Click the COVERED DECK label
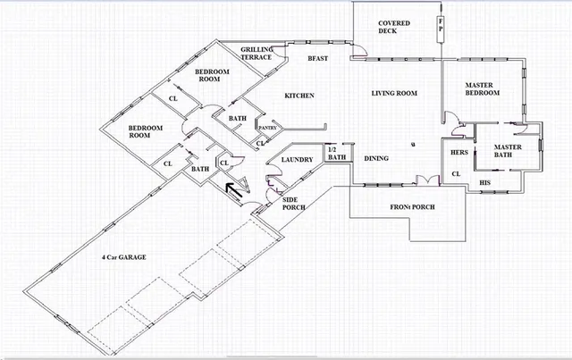pyautogui.click(x=393, y=27)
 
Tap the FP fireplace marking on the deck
pyautogui.click(x=440, y=27)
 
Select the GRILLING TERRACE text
pyautogui.click(x=262, y=53)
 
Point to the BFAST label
pyautogui.click(x=318, y=59)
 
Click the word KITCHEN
pyautogui.click(x=299, y=96)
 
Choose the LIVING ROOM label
pyautogui.click(x=395, y=93)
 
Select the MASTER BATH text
pyautogui.click(x=509, y=151)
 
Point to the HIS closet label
pyautogui.click(x=485, y=182)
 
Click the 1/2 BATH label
pyautogui.click(x=336, y=154)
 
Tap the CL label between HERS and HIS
pyautogui.click(x=455, y=173)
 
